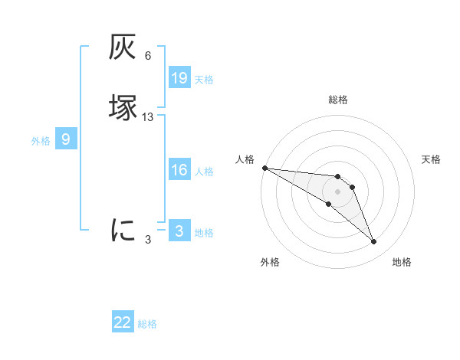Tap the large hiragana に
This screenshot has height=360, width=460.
123,229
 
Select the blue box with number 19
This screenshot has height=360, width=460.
179,77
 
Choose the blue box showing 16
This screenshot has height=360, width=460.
179,170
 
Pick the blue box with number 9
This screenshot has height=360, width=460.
66,139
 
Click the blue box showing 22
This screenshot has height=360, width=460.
123,322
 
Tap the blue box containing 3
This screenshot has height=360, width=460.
179,231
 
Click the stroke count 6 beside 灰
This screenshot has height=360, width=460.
147,55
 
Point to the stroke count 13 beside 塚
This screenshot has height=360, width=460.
147,116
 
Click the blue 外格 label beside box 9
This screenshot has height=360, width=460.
41,140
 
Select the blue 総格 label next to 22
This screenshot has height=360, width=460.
147,324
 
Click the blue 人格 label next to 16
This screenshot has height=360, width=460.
205,172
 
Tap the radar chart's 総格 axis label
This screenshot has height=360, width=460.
337,100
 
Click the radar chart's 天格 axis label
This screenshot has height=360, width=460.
431,159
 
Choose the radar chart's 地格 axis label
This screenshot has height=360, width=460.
402,262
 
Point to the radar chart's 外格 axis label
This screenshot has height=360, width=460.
270,262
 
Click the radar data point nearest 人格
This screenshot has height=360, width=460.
264,167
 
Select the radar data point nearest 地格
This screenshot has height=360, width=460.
373,242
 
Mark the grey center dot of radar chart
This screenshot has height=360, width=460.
337,191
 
